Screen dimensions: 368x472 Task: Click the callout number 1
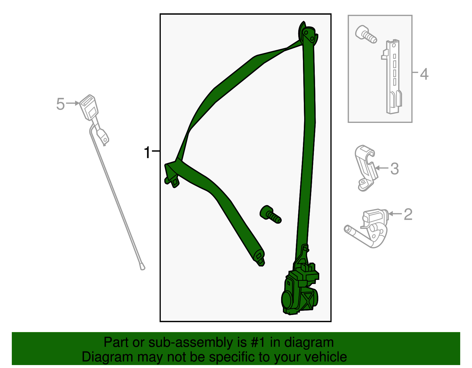pos(147,153)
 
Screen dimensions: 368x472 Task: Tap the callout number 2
pos(408,214)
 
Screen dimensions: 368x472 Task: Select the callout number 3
pos(394,169)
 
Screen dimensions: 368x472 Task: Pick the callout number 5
pos(60,104)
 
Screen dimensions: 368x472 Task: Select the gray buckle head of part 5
pos(89,107)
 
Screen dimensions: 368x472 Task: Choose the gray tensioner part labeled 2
pos(369,228)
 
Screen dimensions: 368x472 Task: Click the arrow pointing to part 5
pos(72,103)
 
